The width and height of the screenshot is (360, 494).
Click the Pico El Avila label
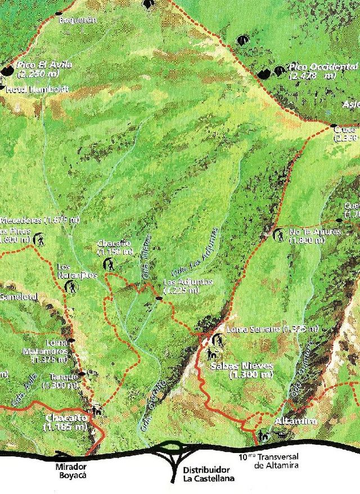[x=38, y=69]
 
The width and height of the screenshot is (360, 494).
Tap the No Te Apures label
[x=307, y=236]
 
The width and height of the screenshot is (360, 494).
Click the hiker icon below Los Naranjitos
[x=73, y=287]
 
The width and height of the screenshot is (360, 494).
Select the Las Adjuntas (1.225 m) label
[x=188, y=286]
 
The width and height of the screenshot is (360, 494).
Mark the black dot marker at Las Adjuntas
[x=159, y=299]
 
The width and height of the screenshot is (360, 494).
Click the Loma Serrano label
[x=259, y=329]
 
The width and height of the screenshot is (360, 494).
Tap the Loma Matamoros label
[x=49, y=351]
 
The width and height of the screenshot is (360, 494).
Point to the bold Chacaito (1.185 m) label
[x=65, y=423]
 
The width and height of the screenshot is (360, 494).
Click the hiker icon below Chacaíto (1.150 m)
[x=110, y=263]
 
